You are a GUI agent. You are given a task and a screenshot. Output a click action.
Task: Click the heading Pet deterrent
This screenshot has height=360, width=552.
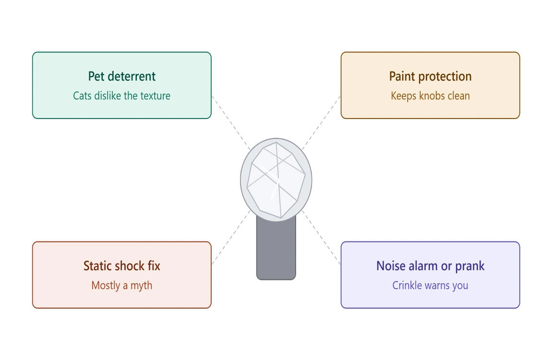[122, 76]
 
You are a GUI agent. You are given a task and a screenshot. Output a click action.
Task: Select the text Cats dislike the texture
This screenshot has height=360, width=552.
[122, 96]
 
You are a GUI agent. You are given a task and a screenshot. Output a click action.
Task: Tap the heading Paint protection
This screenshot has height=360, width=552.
[430, 77]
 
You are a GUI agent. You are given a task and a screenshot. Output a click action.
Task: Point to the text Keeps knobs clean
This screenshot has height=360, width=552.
[430, 96]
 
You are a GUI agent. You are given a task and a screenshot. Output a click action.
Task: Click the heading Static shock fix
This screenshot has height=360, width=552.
[122, 266]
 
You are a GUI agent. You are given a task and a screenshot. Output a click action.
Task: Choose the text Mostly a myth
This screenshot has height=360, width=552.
[122, 286]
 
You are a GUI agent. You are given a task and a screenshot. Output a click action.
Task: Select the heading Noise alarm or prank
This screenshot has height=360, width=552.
[430, 266]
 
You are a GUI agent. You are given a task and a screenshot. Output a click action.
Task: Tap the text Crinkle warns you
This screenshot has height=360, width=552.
[430, 286]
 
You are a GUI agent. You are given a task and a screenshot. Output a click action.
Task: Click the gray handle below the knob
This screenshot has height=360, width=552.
[276, 250]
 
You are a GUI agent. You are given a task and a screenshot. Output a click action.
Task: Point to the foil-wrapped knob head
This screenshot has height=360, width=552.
[276, 180]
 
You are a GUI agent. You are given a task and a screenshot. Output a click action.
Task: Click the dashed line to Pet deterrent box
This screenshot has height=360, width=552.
[231, 123]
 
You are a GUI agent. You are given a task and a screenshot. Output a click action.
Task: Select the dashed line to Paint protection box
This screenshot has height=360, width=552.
[321, 123]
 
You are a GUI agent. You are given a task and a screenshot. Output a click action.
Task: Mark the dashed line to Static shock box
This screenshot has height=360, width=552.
[231, 237]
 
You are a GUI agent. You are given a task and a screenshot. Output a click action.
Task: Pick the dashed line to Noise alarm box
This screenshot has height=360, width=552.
[321, 237]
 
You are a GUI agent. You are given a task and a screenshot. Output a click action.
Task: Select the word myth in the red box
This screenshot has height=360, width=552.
[142, 286]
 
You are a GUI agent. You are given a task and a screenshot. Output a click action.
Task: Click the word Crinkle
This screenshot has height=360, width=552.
[407, 285]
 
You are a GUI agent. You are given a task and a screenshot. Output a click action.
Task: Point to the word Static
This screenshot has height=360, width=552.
[97, 266]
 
